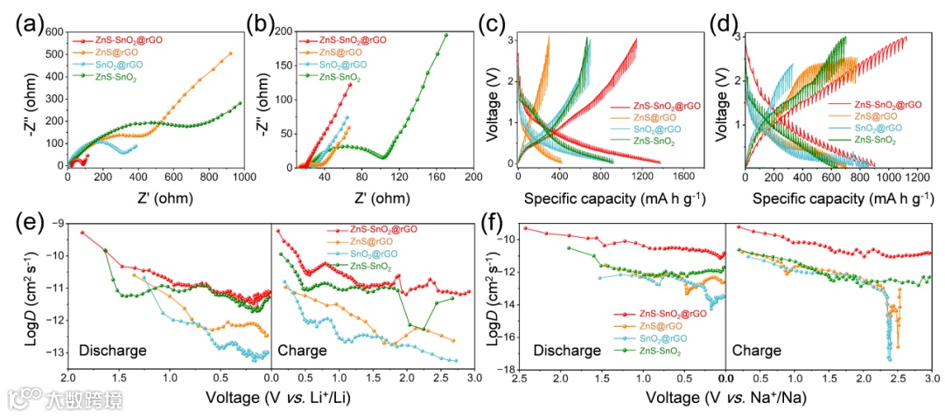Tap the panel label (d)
715,24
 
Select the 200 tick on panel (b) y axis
282,32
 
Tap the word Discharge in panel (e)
111,351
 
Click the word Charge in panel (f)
756,351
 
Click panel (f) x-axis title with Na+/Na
726,397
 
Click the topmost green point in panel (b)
445,36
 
